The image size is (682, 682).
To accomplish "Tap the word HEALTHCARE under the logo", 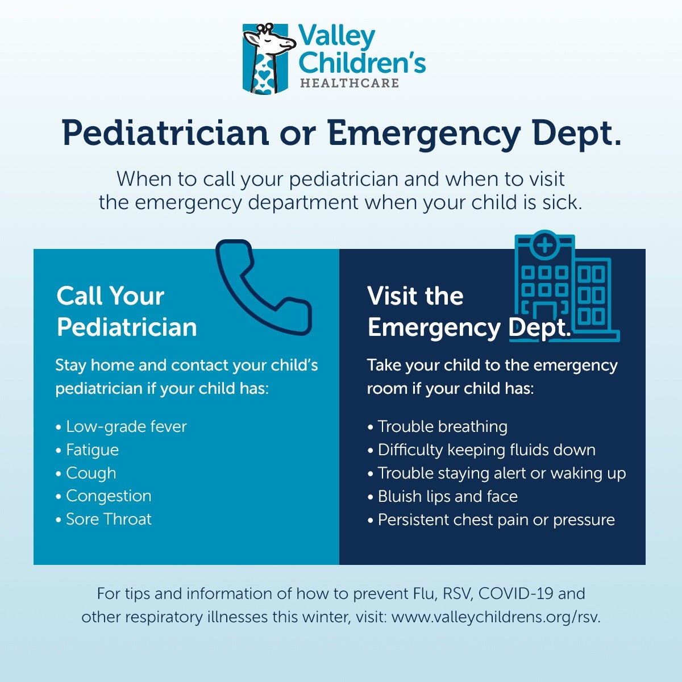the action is (x=350, y=83).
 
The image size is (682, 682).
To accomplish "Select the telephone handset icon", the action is (x=264, y=288).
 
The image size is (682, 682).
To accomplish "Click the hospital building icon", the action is (x=564, y=286).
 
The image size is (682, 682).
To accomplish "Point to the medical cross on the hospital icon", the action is (x=545, y=245).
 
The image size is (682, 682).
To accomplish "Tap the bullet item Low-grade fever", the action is (x=122, y=426).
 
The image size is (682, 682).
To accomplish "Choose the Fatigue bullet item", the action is (x=88, y=450).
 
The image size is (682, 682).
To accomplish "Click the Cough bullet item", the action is (x=86, y=473).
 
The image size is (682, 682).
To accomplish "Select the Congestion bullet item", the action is (x=103, y=496).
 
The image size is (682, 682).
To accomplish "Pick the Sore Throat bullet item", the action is (x=103, y=519).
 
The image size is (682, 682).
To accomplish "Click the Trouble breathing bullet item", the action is (x=438, y=426).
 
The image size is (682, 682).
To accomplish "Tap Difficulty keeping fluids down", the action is (x=482, y=450).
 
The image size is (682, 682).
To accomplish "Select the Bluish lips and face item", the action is (x=443, y=496).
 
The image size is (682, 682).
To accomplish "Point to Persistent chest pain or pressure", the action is (x=491, y=519).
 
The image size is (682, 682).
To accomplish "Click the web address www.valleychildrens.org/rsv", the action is (x=496, y=617).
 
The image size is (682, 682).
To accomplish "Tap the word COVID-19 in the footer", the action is (x=515, y=593).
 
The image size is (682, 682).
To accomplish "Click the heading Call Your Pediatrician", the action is (x=127, y=311).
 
